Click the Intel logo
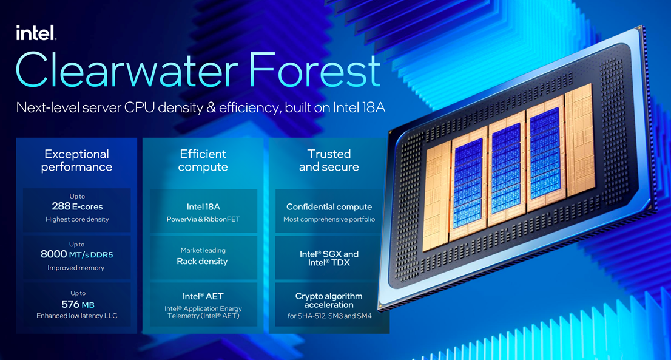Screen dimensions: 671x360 36,33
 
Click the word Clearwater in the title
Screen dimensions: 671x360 127,70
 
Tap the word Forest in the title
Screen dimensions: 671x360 314,70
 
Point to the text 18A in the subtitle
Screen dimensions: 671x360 373,107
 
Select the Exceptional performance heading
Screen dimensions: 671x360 76,160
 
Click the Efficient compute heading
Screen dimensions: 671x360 203,160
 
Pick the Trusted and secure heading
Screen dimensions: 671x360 329,160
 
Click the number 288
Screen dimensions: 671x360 61,206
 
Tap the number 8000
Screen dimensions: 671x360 53,254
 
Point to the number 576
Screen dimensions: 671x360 70,304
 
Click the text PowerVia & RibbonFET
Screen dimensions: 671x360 203,219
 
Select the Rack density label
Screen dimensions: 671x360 203,262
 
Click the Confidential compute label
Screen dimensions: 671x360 329,207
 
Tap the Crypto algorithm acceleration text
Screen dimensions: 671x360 329,301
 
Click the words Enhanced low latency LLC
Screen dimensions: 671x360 77,316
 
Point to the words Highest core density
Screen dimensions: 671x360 78,219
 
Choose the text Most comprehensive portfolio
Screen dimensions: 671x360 329,219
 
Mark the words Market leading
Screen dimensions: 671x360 203,250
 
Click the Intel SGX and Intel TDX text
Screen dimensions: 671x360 329,258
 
